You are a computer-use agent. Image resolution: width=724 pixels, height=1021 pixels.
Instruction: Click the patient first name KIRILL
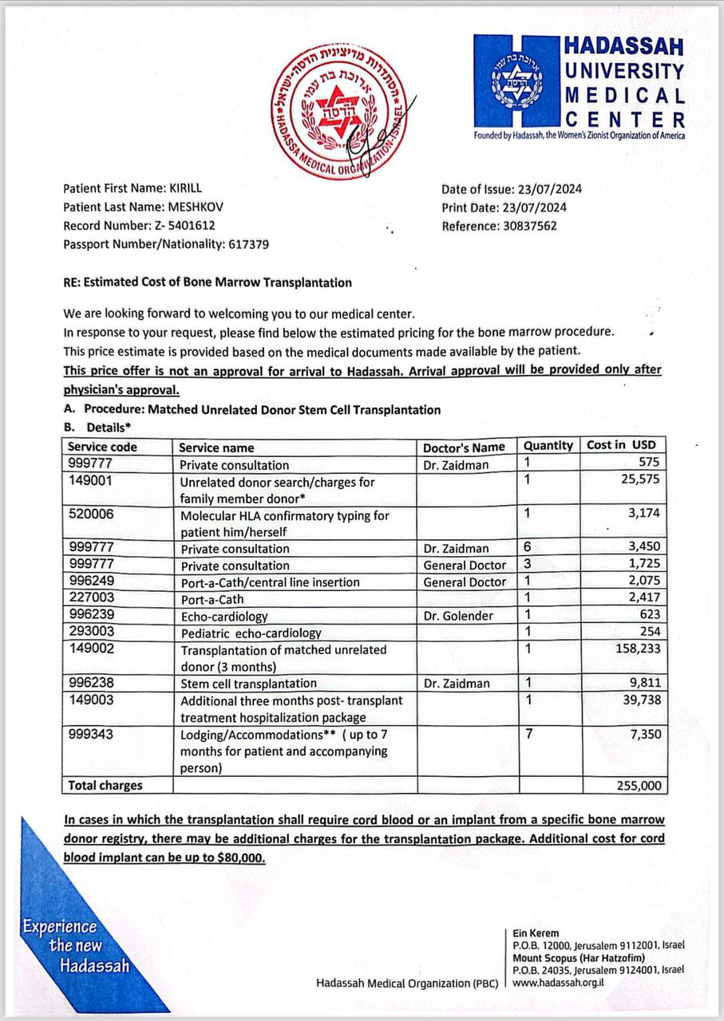pos(186,189)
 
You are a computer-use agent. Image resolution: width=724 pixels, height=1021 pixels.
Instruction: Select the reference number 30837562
pos(528,226)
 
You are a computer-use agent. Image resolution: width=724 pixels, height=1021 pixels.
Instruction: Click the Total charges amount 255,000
pos(639,786)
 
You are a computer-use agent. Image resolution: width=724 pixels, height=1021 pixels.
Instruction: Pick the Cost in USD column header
pos(620,445)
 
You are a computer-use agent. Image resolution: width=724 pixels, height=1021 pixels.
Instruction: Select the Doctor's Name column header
pos(464,447)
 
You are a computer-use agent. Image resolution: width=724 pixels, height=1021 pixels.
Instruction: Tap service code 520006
pos(92,514)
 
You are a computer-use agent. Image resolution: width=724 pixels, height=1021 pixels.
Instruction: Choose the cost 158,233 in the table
pos(633,649)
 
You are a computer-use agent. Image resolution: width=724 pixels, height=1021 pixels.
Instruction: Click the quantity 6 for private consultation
pos(528,548)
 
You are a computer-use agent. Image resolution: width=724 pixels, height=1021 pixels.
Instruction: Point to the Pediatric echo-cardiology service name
pos(251,633)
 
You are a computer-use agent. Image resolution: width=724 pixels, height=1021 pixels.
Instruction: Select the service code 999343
pos(92,733)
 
